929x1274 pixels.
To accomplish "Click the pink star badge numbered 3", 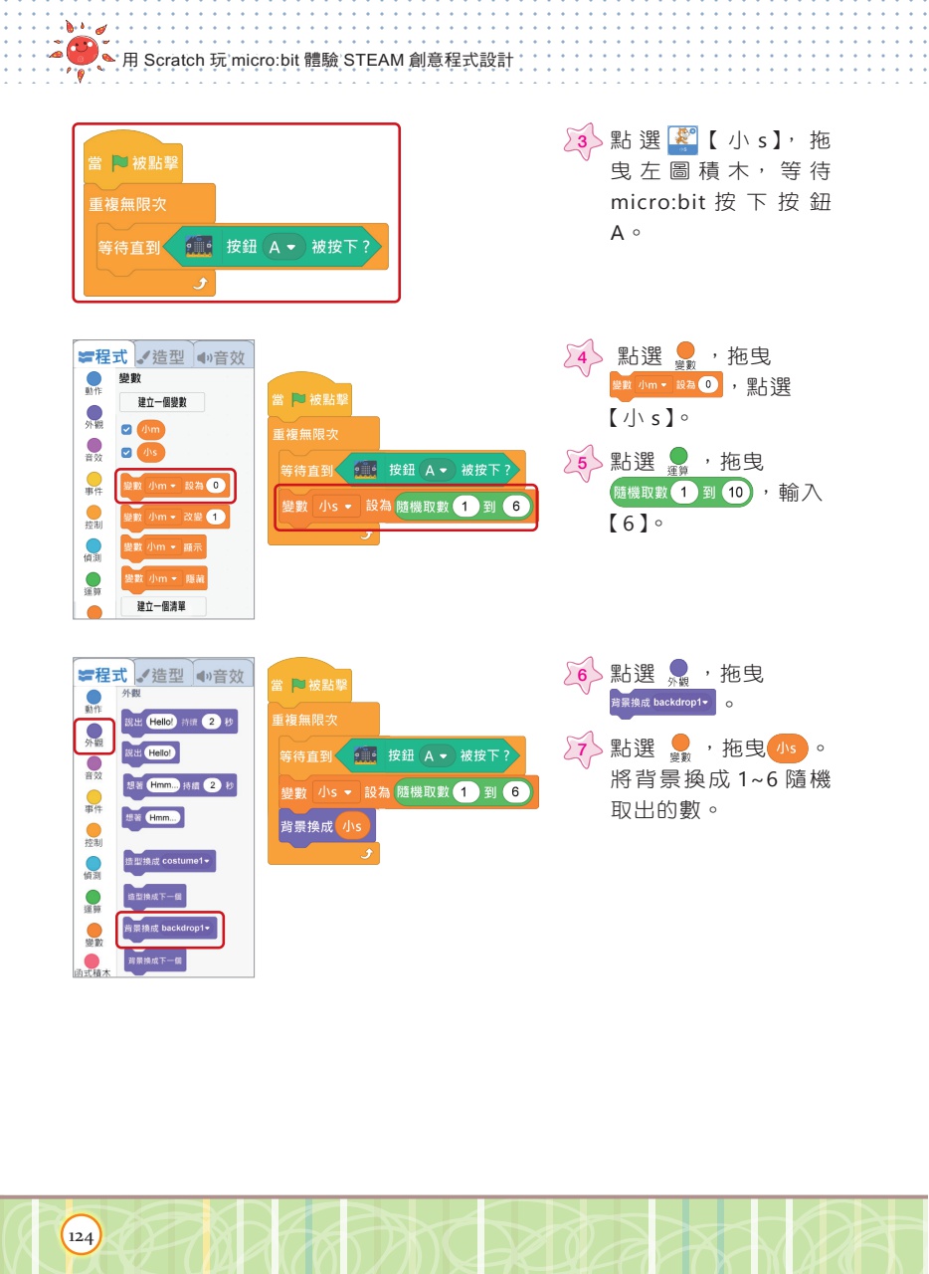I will (x=582, y=141).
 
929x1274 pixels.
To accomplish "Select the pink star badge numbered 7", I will (x=582, y=747).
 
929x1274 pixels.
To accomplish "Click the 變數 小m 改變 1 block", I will (x=174, y=518).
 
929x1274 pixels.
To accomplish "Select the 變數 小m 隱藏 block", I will (x=163, y=578).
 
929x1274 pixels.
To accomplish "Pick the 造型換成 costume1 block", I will (x=167, y=860).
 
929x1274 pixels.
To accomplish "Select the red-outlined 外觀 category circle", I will (x=94, y=735).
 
